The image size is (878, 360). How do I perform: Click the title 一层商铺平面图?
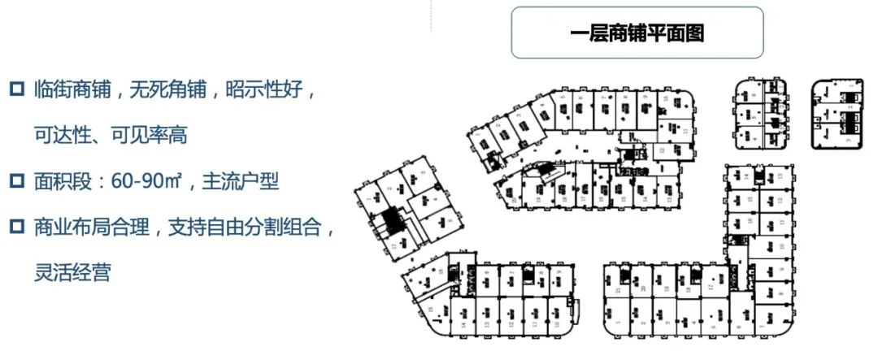tap(637, 33)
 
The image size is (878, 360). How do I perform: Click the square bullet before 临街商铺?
tap(15, 89)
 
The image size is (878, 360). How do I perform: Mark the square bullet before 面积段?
tap(15, 180)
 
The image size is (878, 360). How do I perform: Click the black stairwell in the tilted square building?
tap(393, 223)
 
